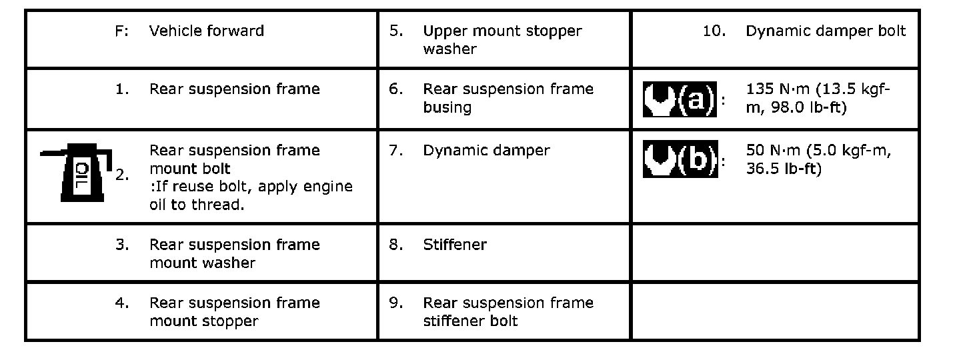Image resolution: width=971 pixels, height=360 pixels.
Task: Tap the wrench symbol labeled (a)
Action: (x=679, y=99)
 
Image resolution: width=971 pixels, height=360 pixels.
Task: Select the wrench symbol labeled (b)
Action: (x=679, y=159)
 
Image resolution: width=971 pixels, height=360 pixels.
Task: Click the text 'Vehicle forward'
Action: (x=207, y=31)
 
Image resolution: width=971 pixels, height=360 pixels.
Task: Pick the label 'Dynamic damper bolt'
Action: (x=826, y=31)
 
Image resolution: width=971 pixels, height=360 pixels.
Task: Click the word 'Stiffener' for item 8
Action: (x=455, y=245)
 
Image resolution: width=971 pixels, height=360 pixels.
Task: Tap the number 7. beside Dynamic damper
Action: (x=396, y=150)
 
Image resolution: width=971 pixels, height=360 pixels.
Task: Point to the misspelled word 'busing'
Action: (x=447, y=107)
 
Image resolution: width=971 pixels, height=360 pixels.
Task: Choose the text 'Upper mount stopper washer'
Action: (x=502, y=40)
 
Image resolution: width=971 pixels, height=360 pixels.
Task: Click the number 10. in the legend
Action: (x=714, y=31)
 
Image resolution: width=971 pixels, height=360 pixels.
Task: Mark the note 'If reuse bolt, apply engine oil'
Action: (x=251, y=195)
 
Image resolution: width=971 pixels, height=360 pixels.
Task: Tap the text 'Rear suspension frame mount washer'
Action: (x=235, y=253)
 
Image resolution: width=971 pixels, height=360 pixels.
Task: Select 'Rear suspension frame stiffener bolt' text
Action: (x=508, y=311)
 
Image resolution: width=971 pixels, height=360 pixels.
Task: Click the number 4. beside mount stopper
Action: (x=122, y=303)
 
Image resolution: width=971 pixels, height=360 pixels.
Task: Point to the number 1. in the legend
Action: (x=122, y=89)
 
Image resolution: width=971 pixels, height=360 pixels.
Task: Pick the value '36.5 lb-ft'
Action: (x=784, y=169)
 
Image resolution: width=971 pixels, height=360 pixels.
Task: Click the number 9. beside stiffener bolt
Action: (x=396, y=303)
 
